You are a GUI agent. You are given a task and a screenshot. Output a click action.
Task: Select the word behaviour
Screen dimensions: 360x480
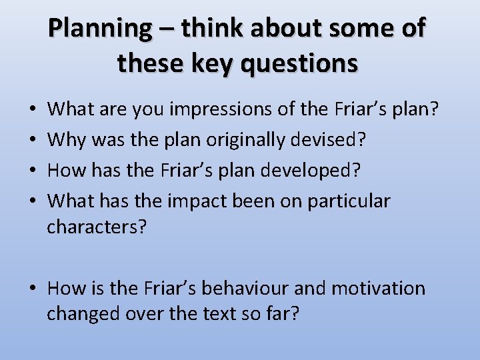pyautogui.click(x=243, y=288)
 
